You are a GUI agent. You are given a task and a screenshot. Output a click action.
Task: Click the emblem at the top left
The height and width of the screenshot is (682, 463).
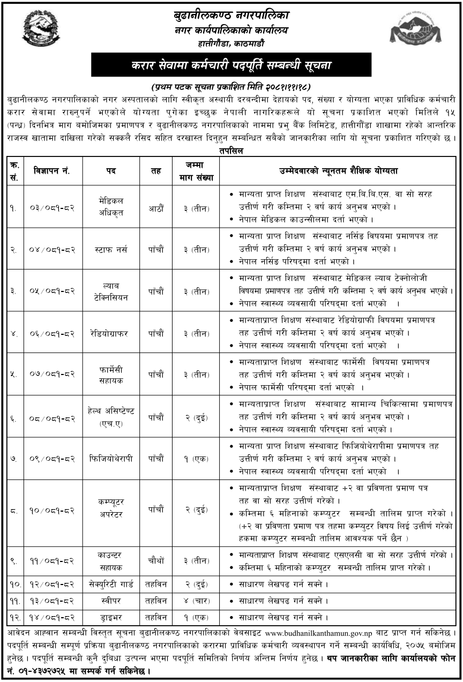pyautogui.click(x=38, y=28)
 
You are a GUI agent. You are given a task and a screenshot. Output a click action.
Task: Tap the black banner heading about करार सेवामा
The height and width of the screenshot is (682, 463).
pyautogui.click(x=231, y=65)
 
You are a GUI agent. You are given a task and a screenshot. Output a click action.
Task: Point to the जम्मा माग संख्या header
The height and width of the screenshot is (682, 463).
pyautogui.click(x=192, y=171)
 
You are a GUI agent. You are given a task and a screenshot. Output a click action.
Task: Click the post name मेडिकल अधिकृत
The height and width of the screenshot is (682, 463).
pyautogui.click(x=111, y=206)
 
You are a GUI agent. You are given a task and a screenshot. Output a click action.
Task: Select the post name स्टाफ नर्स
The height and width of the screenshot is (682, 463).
pyautogui.click(x=111, y=249)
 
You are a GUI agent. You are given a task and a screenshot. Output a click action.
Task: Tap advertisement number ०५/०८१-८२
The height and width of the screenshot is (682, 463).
pyautogui.click(x=53, y=291)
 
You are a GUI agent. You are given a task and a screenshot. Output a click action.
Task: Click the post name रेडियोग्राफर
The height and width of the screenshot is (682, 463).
pyautogui.click(x=111, y=333)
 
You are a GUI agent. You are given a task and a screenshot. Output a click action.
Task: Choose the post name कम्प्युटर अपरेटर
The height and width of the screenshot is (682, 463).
pyautogui.click(x=111, y=508)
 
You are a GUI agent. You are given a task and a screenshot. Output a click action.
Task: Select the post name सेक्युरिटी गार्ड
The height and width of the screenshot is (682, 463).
pyautogui.click(x=111, y=583)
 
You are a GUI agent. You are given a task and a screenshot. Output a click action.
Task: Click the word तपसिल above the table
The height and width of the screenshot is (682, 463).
pyautogui.click(x=231, y=151)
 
